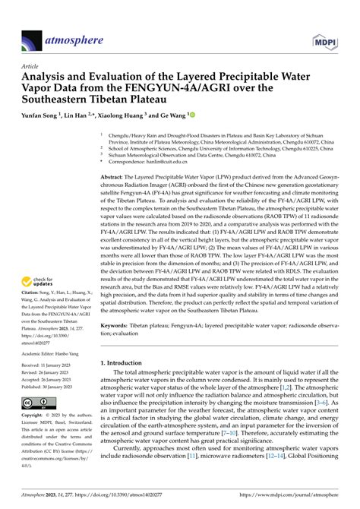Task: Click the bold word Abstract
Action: coord(114,176)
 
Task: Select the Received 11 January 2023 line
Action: coord(53,365)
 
